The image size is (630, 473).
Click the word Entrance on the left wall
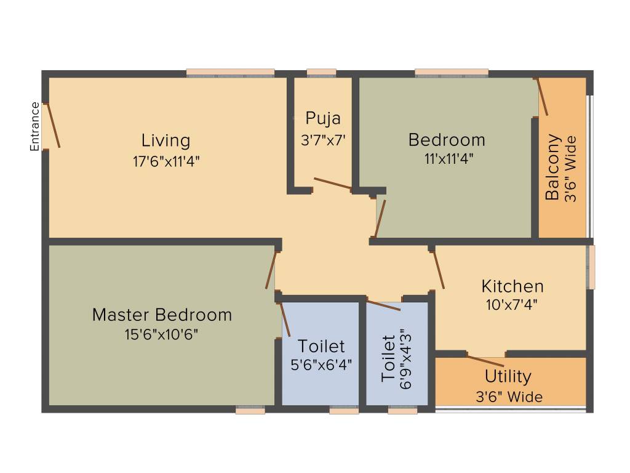point(35,126)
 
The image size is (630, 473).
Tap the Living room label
point(165,140)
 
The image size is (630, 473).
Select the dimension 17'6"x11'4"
point(165,161)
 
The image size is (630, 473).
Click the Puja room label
point(323,118)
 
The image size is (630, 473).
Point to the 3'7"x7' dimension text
point(323,140)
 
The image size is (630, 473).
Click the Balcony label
point(553,167)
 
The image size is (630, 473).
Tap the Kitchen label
point(512,286)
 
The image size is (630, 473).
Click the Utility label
point(508,376)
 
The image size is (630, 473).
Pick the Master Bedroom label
point(162,315)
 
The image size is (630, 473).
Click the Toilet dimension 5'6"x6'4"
point(321,365)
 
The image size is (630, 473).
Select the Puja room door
point(332,184)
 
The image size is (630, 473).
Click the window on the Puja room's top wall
point(321,73)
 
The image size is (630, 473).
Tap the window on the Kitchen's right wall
point(591,267)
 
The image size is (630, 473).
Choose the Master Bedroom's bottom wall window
point(250,410)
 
